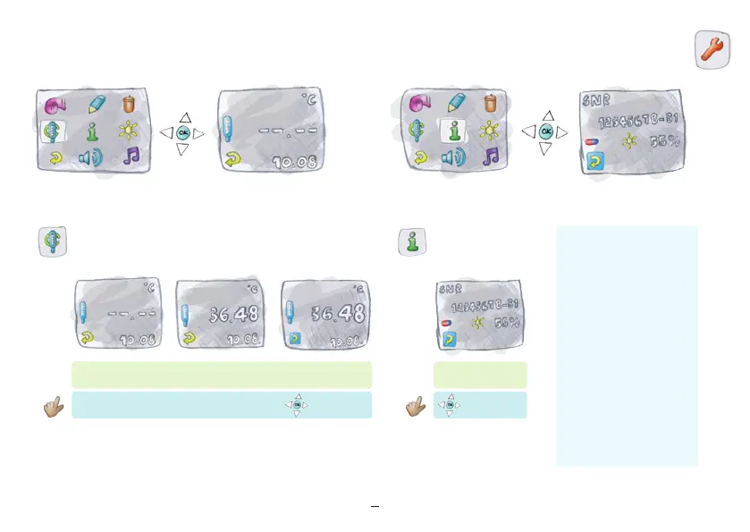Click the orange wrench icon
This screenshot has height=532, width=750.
(711, 48)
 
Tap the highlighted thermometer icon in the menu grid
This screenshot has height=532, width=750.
(52, 131)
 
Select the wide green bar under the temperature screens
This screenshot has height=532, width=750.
(221, 375)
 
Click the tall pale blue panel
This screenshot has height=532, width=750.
(627, 345)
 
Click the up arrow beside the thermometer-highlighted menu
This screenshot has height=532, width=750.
(184, 116)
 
